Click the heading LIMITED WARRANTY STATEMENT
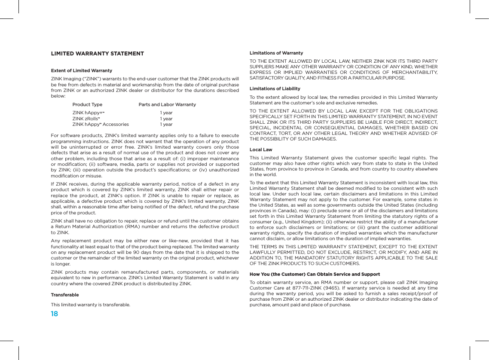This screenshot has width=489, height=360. click(x=97, y=54)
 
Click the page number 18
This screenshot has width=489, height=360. click(x=54, y=314)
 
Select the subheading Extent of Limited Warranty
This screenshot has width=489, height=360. click(x=81, y=70)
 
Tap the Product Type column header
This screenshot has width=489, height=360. click(x=87, y=105)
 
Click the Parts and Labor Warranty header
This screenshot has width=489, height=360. click(x=167, y=105)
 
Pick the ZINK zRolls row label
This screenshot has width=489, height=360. click(x=86, y=119)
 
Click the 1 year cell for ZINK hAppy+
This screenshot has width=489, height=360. click(x=166, y=113)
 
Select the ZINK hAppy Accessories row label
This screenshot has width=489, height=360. click(x=100, y=125)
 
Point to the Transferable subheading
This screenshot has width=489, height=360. click(x=64, y=295)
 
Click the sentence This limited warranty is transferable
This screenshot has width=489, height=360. click(x=90, y=305)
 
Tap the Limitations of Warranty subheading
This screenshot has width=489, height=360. click(x=276, y=53)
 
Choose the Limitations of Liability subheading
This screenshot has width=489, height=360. click(x=275, y=88)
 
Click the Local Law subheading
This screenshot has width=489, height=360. click(x=260, y=150)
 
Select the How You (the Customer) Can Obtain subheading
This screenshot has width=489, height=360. click(x=315, y=274)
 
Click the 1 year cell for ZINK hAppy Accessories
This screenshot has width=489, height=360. click(x=166, y=125)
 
